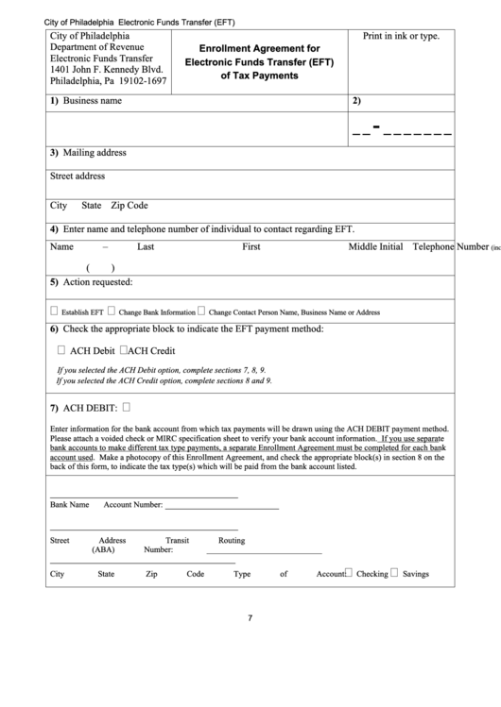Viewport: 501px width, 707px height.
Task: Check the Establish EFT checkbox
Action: pyautogui.click(x=54, y=311)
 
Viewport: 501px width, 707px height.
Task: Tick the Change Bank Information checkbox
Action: pyautogui.click(x=112, y=311)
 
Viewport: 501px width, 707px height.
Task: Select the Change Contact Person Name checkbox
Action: pyautogui.click(x=201, y=311)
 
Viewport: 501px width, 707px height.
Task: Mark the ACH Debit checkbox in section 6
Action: pyautogui.click(x=61, y=350)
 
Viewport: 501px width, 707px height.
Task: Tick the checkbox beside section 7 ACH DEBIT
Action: pyautogui.click(x=127, y=408)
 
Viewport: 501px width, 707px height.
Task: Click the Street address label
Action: pyautogui.click(x=78, y=176)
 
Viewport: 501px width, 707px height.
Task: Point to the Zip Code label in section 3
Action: pyautogui.click(x=130, y=205)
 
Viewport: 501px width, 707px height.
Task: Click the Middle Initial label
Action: pyautogui.click(x=375, y=246)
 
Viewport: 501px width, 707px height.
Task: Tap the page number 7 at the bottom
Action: pyautogui.click(x=250, y=618)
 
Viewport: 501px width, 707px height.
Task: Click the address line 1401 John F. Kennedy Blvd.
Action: pyautogui.click(x=107, y=69)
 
